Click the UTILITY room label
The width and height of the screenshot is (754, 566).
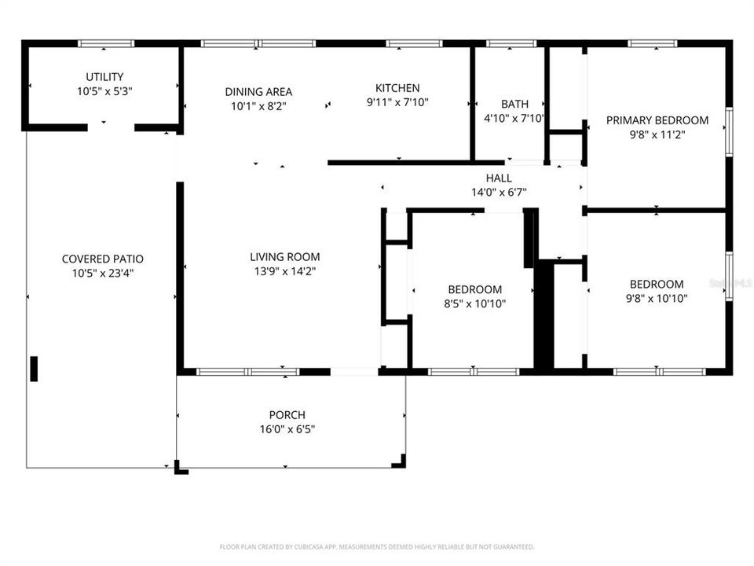click(x=104, y=77)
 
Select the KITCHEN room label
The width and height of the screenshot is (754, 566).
click(x=397, y=88)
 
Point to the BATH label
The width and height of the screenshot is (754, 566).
click(x=514, y=104)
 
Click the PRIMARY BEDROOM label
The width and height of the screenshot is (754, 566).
click(x=657, y=120)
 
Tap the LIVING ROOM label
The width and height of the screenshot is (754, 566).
click(x=284, y=256)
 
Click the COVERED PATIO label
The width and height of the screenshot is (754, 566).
click(x=103, y=259)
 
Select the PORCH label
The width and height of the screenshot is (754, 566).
click(x=287, y=415)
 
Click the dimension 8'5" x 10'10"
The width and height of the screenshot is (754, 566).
click(x=474, y=303)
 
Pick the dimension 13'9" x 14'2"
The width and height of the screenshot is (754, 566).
click(x=284, y=271)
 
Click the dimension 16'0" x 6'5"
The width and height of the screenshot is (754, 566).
click(x=287, y=429)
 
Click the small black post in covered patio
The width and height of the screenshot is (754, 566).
click(x=34, y=369)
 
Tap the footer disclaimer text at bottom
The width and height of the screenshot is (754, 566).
click(x=377, y=546)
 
